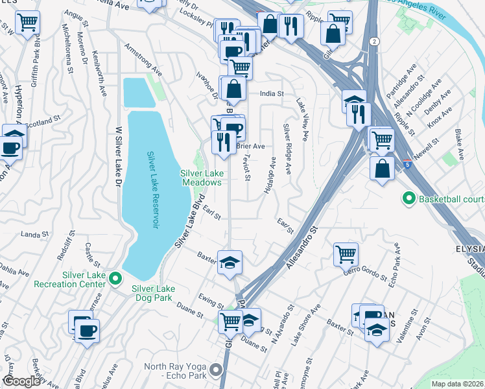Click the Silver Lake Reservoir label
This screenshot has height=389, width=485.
[153, 189]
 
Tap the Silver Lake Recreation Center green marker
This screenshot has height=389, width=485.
[115, 279]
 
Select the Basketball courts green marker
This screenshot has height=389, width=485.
[408, 198]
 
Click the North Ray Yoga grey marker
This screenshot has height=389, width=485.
[216, 370]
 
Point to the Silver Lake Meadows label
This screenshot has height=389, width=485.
[201, 176]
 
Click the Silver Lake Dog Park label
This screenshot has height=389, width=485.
[161, 289]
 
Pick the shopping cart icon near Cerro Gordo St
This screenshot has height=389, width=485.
[346, 253]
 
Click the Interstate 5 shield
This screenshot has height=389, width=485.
[407, 164]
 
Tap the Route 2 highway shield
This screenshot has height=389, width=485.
[375, 41]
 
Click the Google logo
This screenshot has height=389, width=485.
[21, 381]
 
